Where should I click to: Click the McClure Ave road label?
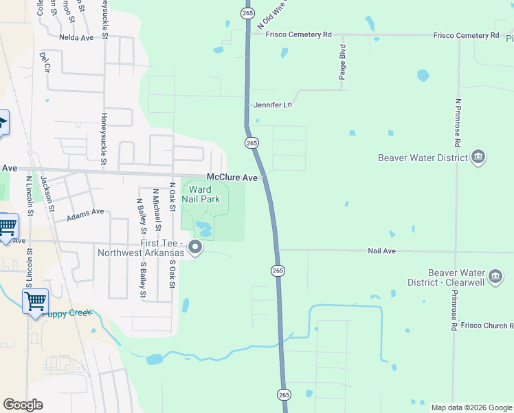[232, 178]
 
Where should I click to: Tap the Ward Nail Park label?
[200, 194]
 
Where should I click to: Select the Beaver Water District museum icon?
[479, 158]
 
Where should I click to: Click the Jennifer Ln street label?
[273, 105]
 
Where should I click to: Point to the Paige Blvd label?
[342, 63]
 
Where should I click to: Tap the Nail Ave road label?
[381, 251]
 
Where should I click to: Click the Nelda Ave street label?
[76, 38]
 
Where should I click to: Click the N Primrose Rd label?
[457, 123]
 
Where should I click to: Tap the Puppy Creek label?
[67, 313]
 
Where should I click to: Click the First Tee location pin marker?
[196, 248]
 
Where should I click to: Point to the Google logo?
[23, 405]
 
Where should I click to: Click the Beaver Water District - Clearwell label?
[465, 277]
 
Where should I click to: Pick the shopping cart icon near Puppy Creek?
[34, 301]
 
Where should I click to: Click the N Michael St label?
[157, 210]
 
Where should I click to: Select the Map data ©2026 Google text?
[471, 407]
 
